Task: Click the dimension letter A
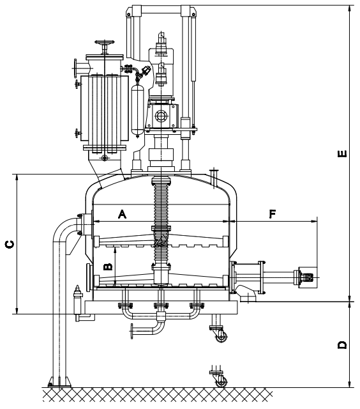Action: (x=122, y=214)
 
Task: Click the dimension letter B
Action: (x=108, y=267)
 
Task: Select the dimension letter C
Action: (x=10, y=244)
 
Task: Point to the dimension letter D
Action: (x=342, y=345)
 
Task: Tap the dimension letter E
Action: (x=342, y=153)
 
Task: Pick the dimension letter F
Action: (x=272, y=214)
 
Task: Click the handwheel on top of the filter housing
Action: (x=105, y=42)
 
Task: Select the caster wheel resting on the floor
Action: (x=221, y=382)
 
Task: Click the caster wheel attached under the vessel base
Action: (x=221, y=337)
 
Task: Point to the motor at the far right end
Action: (x=308, y=277)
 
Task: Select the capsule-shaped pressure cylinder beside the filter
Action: (x=137, y=110)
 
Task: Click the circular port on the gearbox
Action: (x=160, y=116)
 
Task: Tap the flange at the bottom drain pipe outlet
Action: (x=132, y=331)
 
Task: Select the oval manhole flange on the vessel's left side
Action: (x=88, y=277)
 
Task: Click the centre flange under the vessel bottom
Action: (x=161, y=305)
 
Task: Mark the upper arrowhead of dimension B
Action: (x=115, y=250)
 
